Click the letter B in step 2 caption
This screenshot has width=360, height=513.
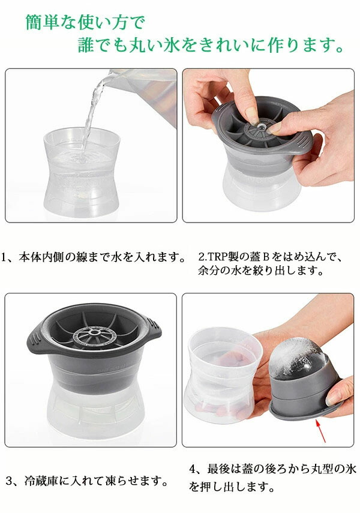(266, 257)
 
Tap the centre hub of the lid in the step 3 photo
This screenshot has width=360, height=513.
(95, 332)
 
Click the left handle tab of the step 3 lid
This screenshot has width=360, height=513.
(37, 339)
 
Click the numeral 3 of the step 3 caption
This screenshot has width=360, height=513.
(9, 481)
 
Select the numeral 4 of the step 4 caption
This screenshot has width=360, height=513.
(193, 469)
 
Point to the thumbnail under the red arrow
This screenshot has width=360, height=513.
(334, 397)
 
